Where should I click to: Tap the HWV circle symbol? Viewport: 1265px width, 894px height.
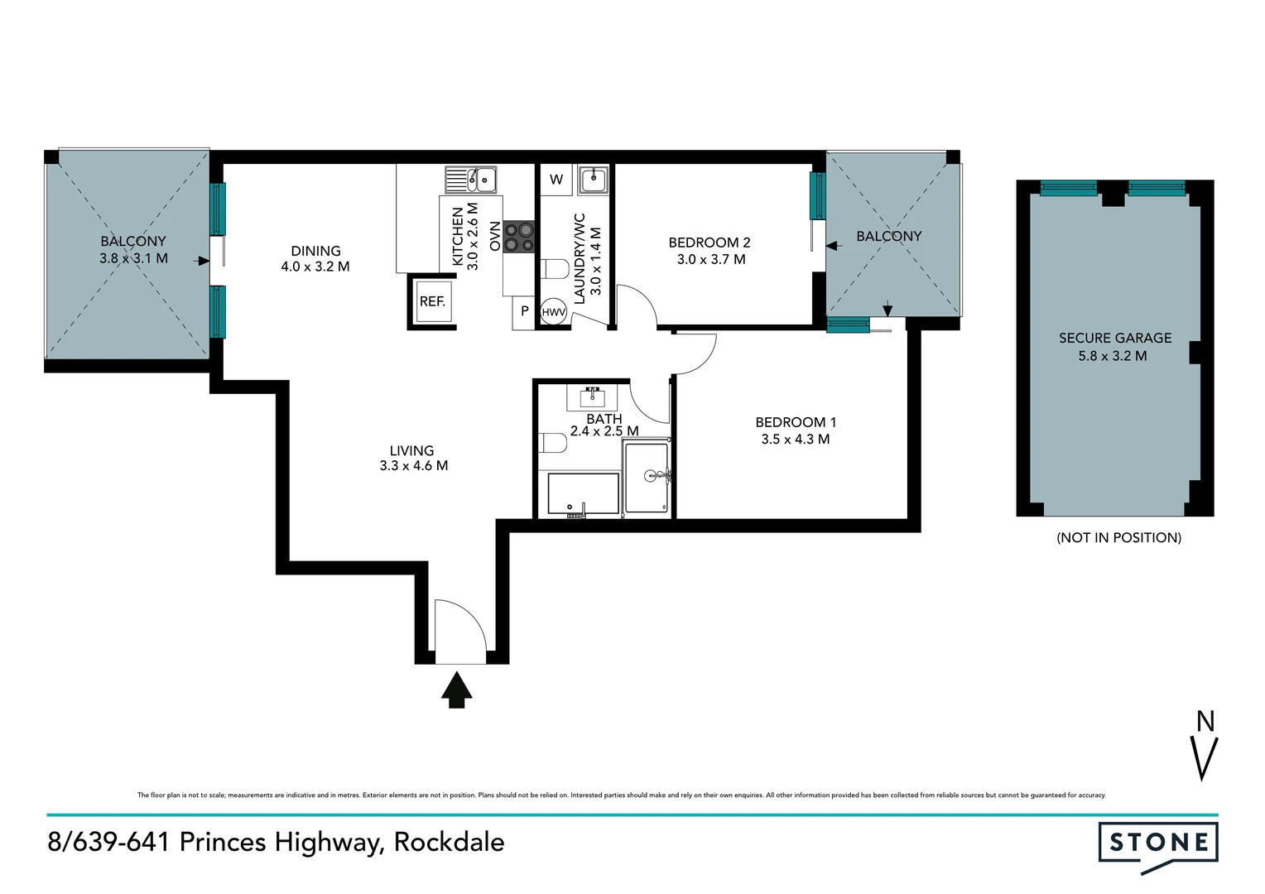[553, 313]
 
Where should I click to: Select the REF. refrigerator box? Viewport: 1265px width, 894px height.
[432, 301]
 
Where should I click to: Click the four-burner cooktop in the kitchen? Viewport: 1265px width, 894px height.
[519, 236]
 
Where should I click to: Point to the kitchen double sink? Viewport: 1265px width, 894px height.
[470, 179]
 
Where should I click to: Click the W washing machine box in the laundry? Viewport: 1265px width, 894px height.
[556, 180]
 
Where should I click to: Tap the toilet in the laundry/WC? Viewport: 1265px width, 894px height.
[555, 269]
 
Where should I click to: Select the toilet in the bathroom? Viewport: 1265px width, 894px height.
[553, 443]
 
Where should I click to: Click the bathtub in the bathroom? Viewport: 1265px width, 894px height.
[583, 493]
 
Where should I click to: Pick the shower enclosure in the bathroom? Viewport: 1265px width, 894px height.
[647, 478]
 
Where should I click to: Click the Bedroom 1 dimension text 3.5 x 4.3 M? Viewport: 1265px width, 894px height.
[795, 440]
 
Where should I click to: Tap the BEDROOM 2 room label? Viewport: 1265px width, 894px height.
[709, 243]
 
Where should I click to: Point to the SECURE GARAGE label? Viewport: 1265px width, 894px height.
[1114, 338]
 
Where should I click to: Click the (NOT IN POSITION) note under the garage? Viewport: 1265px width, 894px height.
[1118, 537]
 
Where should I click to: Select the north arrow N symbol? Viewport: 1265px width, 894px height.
[1205, 745]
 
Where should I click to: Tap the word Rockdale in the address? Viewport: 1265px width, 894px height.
[449, 842]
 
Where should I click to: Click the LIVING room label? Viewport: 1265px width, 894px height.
[411, 451]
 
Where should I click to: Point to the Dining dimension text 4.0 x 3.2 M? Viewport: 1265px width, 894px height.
[315, 267]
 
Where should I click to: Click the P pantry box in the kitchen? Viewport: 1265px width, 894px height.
[524, 312]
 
